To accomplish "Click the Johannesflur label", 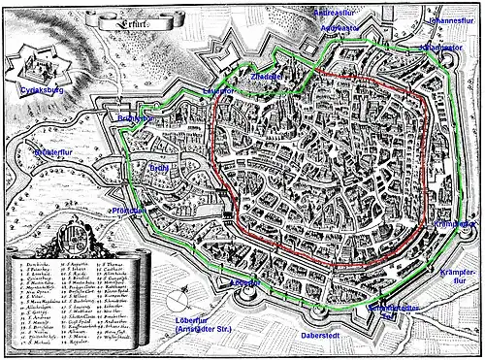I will tap(451, 18).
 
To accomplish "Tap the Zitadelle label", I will tap(266, 75).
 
